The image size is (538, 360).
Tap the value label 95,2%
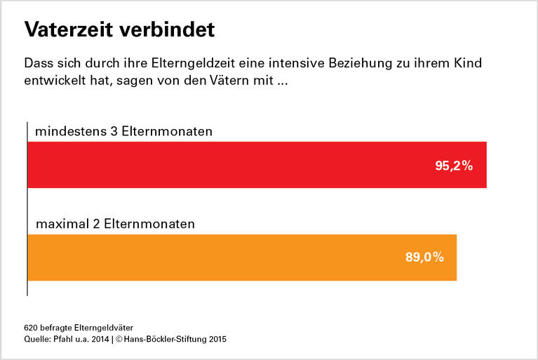pyautogui.click(x=454, y=166)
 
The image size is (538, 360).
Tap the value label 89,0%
pyautogui.click(x=424, y=258)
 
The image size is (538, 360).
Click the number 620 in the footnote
pyautogui.click(x=32, y=328)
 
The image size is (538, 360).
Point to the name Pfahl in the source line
pyautogui.click(x=68, y=340)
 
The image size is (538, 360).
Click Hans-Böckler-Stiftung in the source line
pyautogui.click(x=170, y=340)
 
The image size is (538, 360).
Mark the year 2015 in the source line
pyautogui.click(x=217, y=340)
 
